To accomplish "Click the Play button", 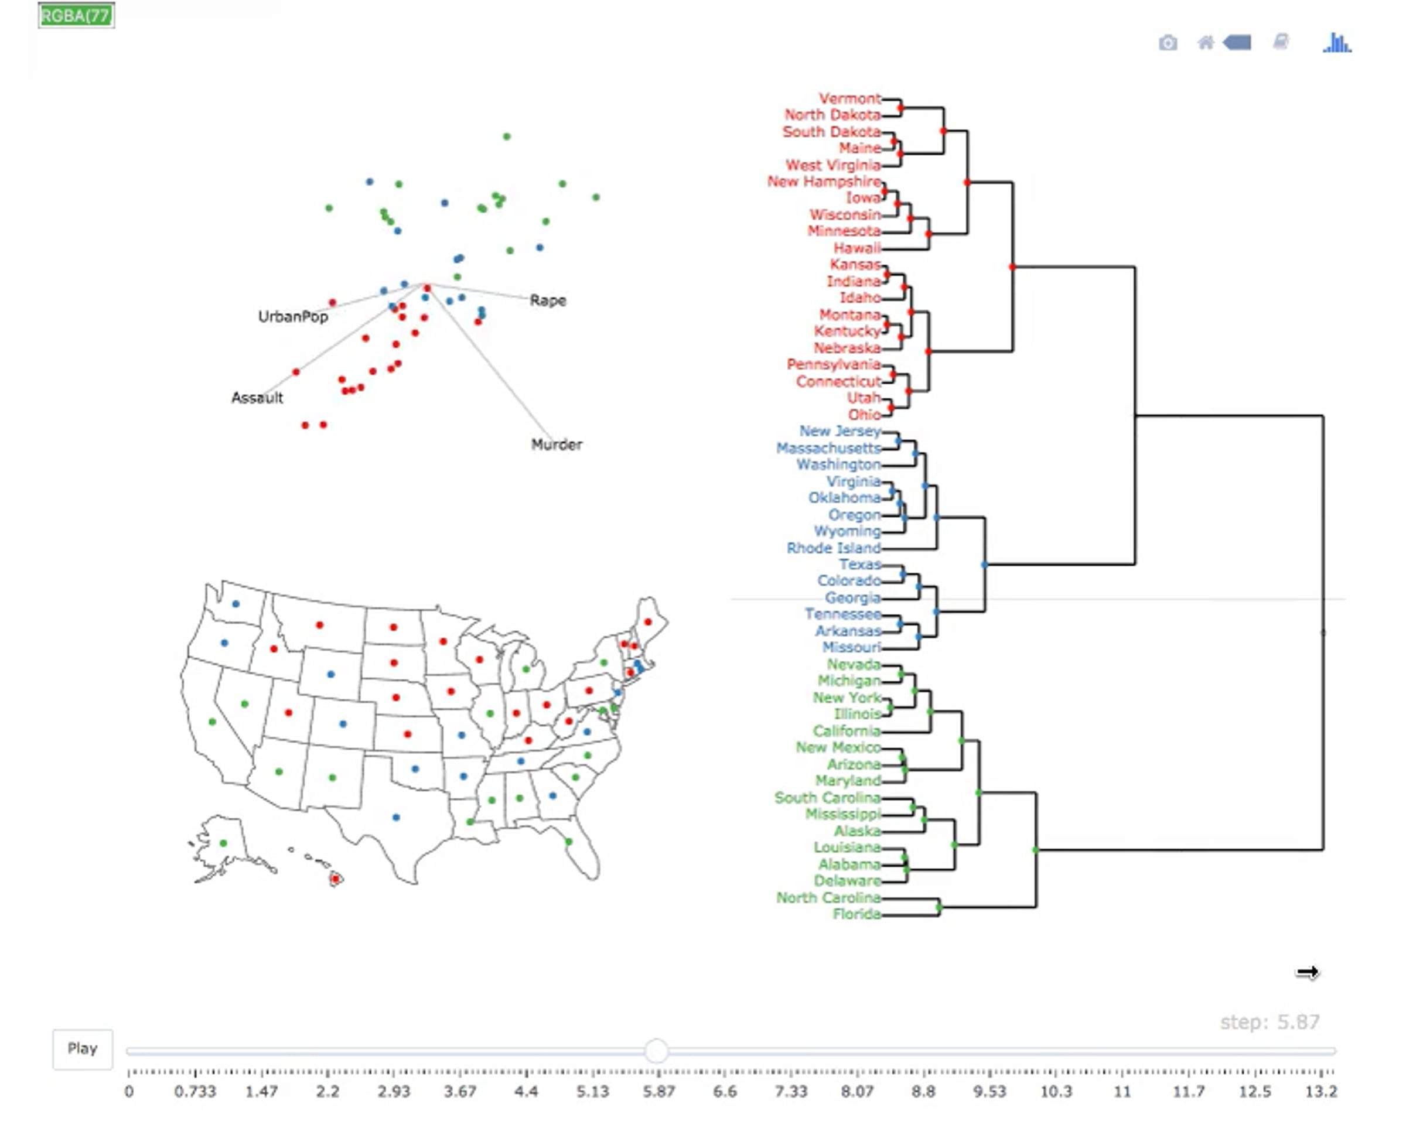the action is [82, 1048].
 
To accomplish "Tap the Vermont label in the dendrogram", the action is [849, 98].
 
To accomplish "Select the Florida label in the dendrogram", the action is [856, 914].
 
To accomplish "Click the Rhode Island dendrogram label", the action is [834, 548].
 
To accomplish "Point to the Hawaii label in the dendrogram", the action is [857, 248].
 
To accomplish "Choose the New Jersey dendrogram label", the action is [840, 431].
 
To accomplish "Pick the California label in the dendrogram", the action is [847, 731].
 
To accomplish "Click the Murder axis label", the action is [557, 444].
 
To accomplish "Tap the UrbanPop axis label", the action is [293, 316].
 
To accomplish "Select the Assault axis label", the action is [257, 397].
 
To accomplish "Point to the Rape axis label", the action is [548, 300].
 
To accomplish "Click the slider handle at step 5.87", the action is [657, 1051].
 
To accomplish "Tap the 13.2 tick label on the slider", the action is [1321, 1091].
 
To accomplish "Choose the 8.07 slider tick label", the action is [857, 1091].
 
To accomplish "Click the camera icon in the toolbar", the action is [1168, 43].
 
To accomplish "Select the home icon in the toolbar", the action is [1206, 43].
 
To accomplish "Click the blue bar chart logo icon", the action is [1337, 43].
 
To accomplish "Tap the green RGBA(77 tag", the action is [76, 16].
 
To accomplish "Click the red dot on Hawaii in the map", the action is [335, 879].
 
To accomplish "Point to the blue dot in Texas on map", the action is [396, 817].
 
